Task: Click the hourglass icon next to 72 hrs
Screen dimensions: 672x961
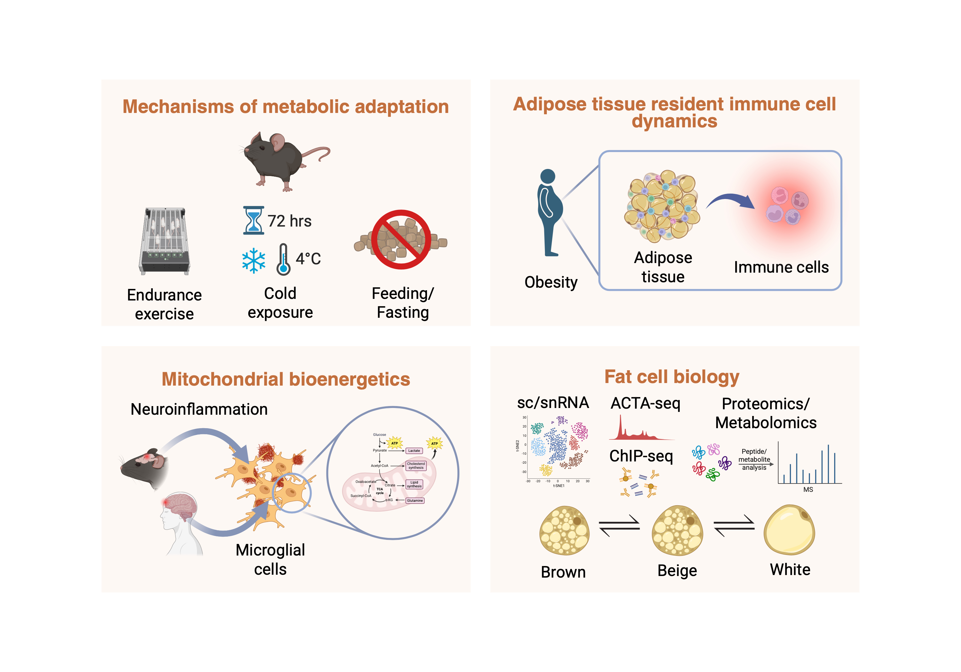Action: click(253, 220)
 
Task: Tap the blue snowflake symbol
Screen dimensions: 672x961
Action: click(254, 260)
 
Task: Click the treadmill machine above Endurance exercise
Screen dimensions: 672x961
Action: click(165, 241)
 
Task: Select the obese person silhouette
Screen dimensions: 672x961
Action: click(550, 212)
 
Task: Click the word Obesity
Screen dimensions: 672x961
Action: click(551, 282)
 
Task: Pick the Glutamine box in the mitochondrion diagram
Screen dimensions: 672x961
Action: click(415, 500)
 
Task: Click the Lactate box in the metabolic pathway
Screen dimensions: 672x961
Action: click(414, 451)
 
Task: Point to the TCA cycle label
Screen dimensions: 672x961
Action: click(380, 491)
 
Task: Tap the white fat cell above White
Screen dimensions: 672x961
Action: click(789, 530)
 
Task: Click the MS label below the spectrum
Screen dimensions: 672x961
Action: click(808, 490)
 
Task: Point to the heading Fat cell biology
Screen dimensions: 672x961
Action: click(672, 377)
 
